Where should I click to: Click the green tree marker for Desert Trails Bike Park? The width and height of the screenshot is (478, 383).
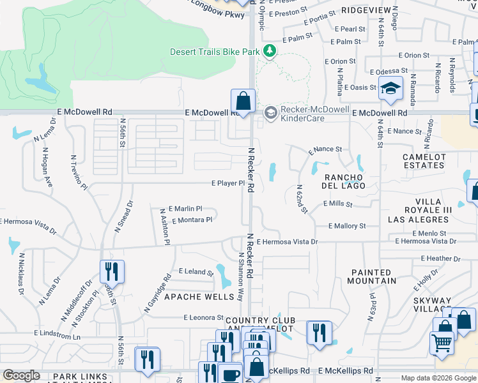click(x=270, y=50)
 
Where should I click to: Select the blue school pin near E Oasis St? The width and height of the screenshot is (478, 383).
click(x=390, y=89)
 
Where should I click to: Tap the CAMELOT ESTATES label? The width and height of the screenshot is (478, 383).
click(x=423, y=161)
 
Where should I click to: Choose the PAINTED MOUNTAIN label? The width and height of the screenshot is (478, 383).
click(x=373, y=276)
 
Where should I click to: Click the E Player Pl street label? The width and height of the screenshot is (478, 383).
click(x=228, y=183)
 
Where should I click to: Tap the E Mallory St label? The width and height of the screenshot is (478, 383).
click(x=347, y=226)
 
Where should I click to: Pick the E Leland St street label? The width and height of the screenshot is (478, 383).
click(x=196, y=272)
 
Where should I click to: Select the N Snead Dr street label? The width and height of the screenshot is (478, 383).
click(x=125, y=216)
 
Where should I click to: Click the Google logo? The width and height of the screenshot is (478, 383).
click(x=21, y=375)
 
